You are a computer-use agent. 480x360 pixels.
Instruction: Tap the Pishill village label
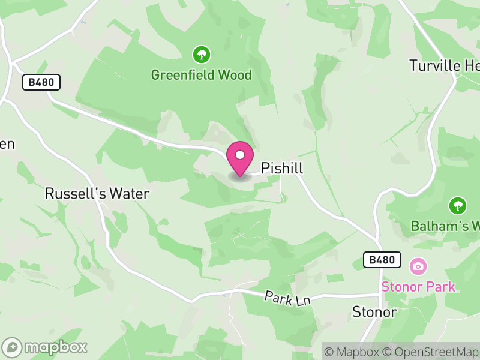point(281,169)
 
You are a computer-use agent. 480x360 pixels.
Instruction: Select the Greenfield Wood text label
point(201,75)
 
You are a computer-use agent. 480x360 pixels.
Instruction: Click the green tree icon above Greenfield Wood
point(201,55)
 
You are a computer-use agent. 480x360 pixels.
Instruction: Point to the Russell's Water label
point(97,194)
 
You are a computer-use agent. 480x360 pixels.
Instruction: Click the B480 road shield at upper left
point(42,82)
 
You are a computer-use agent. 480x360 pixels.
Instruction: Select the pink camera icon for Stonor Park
point(418,265)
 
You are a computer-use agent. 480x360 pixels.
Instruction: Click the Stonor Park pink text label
point(418,286)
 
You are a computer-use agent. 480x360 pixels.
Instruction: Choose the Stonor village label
point(374,312)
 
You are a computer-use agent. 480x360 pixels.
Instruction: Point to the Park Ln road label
point(288,298)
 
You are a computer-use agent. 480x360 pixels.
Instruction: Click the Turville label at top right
point(444,65)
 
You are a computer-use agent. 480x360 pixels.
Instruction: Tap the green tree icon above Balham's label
point(458,206)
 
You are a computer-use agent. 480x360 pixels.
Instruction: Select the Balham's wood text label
point(445,226)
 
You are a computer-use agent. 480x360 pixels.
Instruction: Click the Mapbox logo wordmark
point(46,347)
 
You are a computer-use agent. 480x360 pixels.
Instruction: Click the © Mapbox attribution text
point(353,352)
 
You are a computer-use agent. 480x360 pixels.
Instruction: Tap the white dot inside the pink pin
point(240,155)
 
